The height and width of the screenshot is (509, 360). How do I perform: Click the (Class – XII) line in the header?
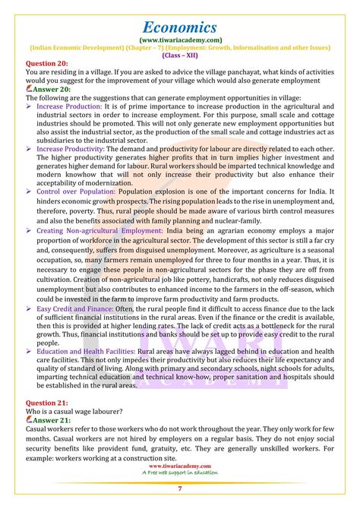point(180,55)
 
